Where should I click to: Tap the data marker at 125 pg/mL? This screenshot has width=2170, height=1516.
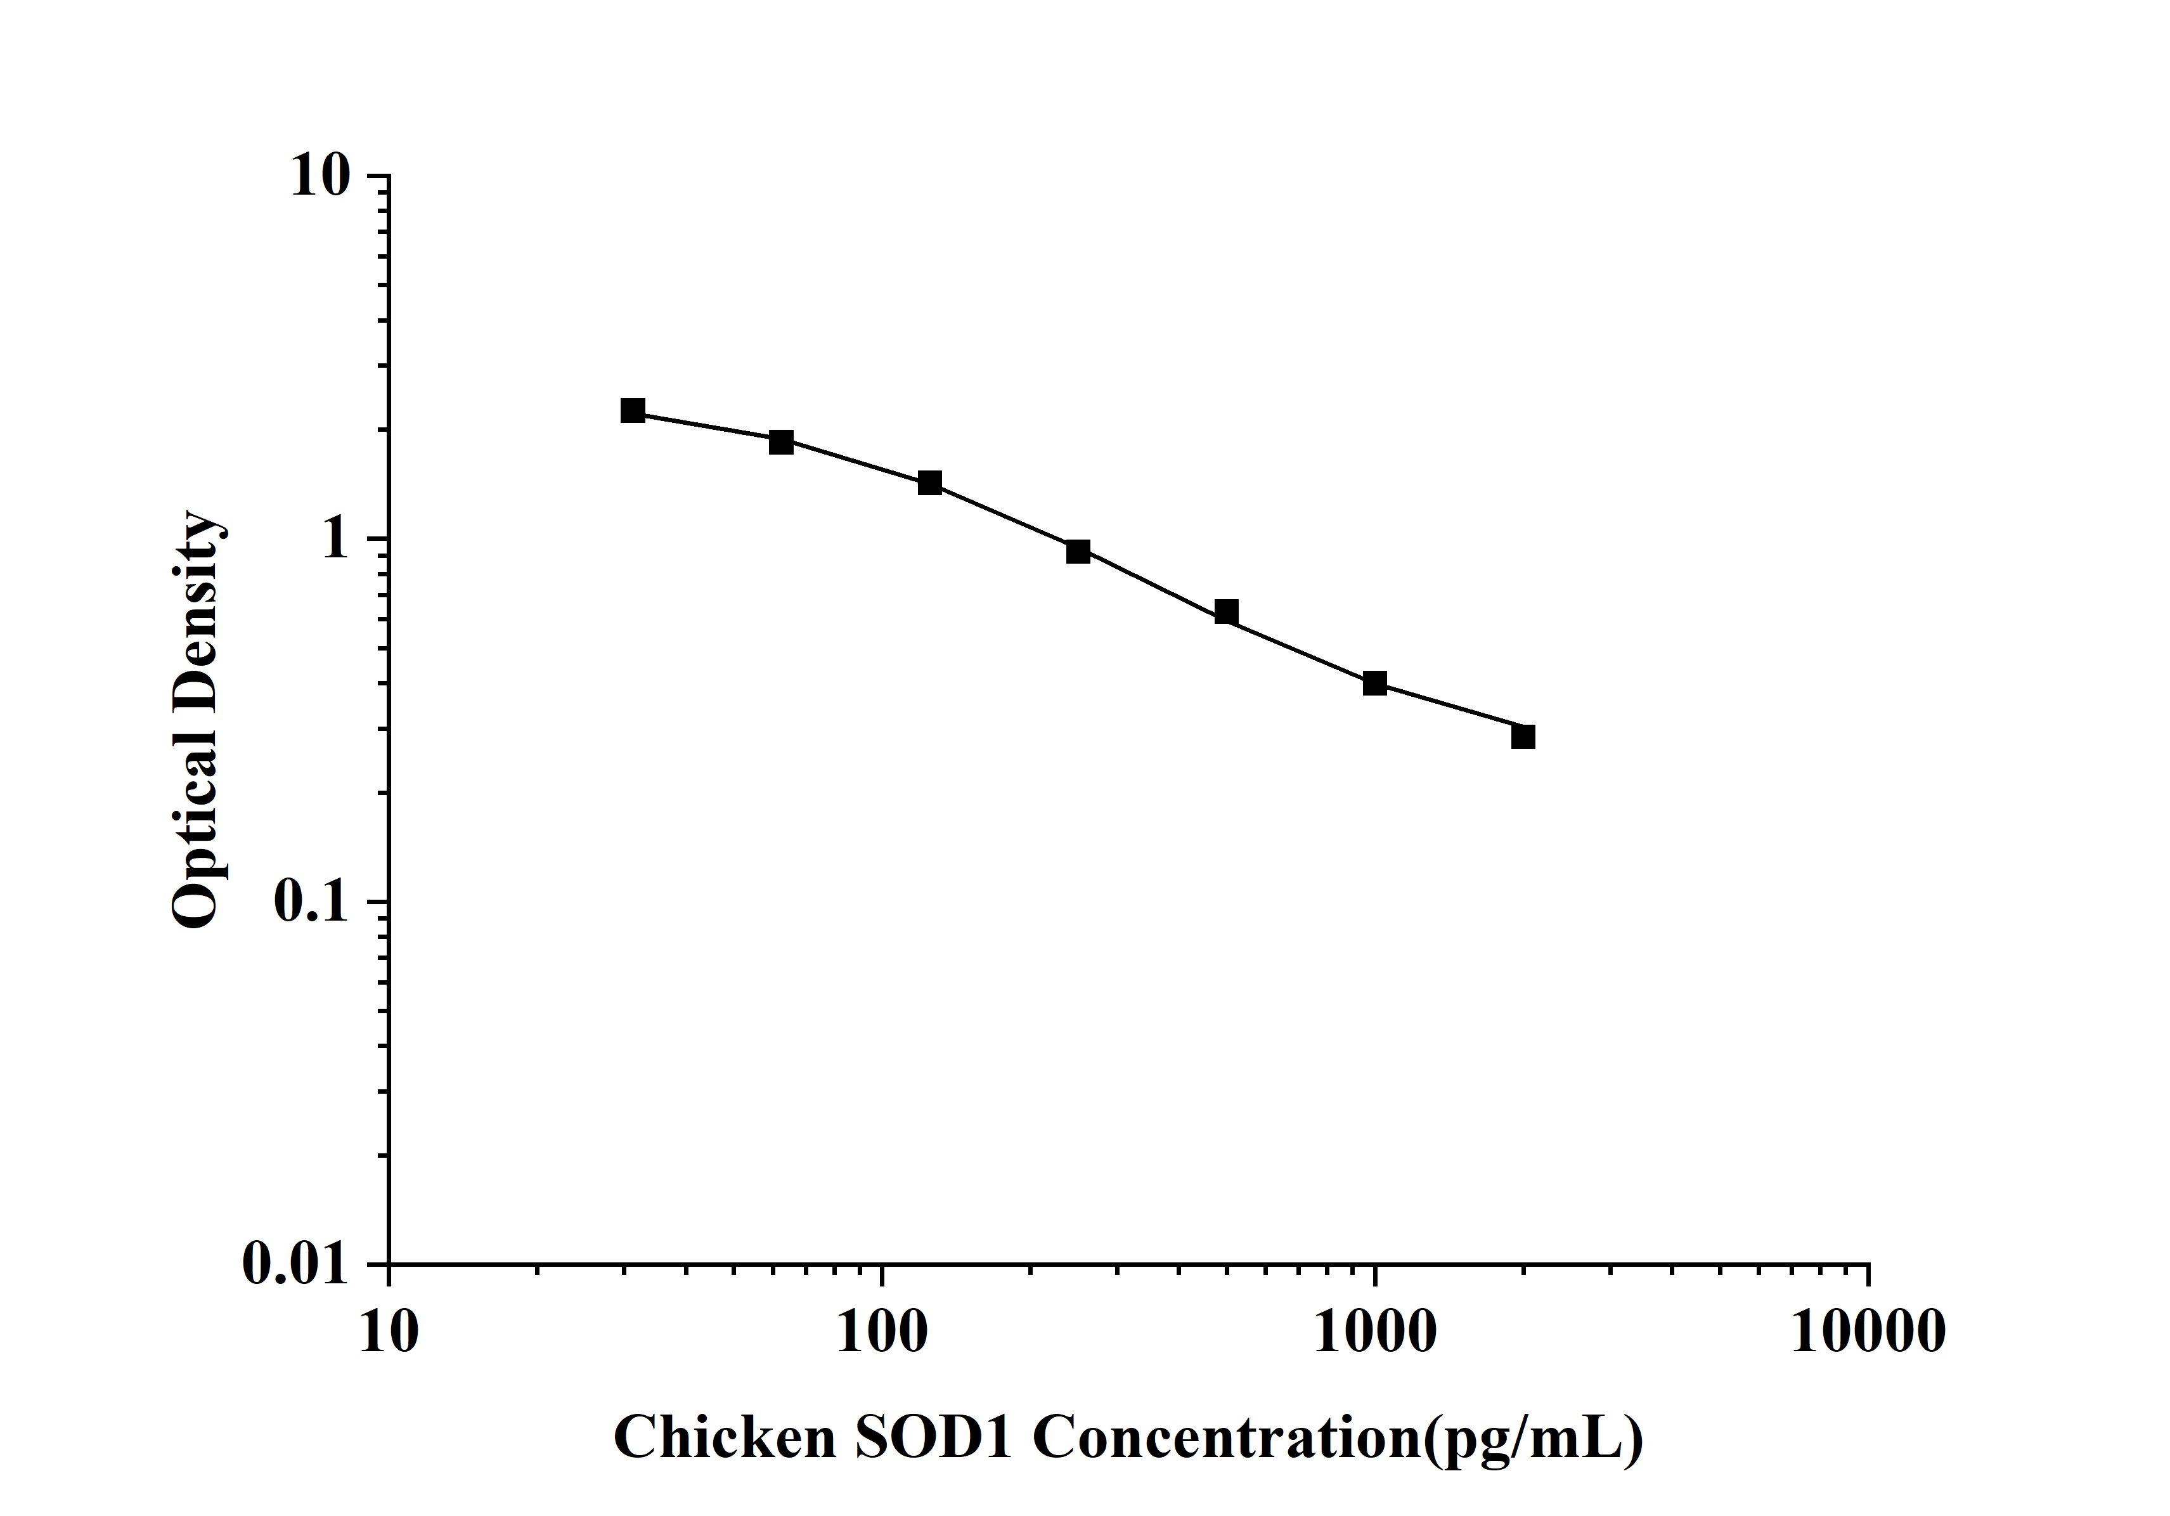pyautogui.click(x=930, y=483)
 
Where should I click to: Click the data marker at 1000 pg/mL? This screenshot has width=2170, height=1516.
pyautogui.click(x=1375, y=683)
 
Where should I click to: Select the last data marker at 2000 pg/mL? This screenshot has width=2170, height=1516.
pyautogui.click(x=1523, y=736)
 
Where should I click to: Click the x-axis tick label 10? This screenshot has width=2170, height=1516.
pyautogui.click(x=389, y=1333)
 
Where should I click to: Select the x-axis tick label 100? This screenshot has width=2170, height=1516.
pyautogui.click(x=882, y=1333)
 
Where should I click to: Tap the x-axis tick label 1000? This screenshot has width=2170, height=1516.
pyautogui.click(x=1375, y=1333)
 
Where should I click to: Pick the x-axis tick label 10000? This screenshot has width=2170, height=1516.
pyautogui.click(x=1868, y=1333)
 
